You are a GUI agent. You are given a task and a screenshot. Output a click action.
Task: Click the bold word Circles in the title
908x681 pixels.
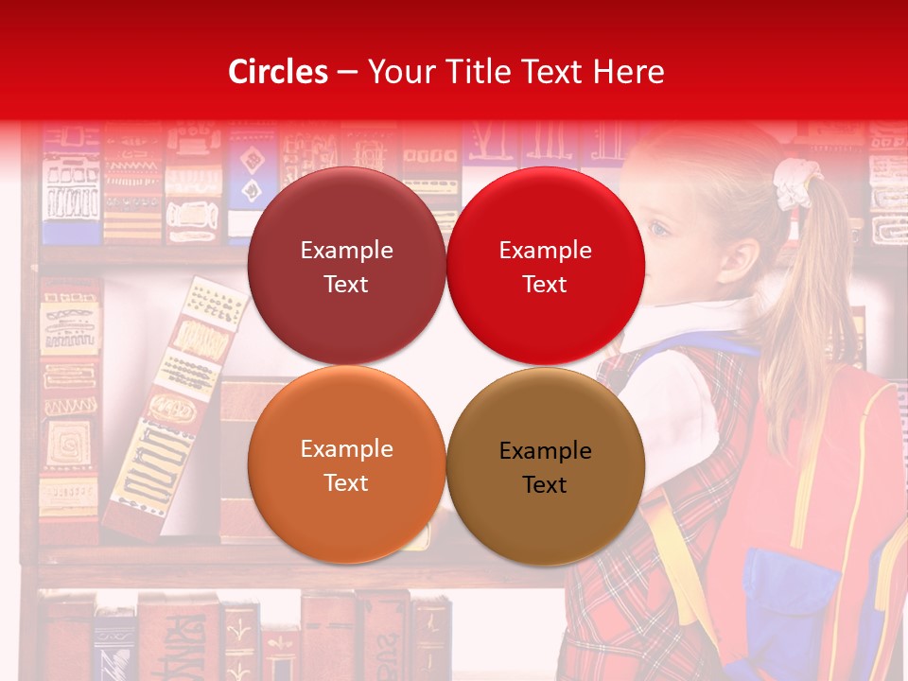pos(277,72)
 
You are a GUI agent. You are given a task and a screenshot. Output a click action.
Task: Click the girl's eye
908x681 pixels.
pos(659,229)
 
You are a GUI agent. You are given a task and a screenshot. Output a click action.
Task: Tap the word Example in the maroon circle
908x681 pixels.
pos(346,251)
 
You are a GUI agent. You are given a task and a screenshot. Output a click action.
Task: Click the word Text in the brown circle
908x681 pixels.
pos(545,485)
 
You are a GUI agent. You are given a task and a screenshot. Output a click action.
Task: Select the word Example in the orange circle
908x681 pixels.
pos(346,449)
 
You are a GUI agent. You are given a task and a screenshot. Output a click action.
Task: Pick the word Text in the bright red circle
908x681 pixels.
pos(545,284)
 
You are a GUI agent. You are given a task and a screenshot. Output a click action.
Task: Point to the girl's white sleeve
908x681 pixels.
pos(672,397)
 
